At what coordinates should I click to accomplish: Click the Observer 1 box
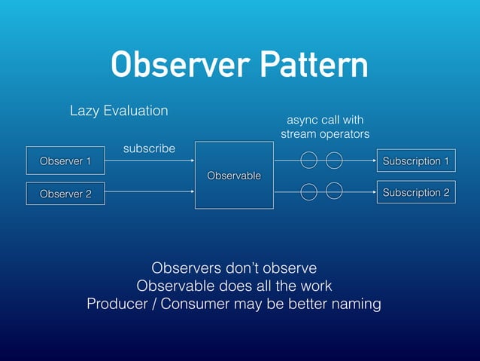65,161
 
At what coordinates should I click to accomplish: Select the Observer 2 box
65,194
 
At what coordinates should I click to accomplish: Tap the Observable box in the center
234,175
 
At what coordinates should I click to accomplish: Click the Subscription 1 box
416,161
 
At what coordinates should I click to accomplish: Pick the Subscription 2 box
416,193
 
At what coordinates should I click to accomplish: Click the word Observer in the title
180,66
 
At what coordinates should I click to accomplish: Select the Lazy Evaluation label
119,111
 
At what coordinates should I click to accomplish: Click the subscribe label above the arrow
149,148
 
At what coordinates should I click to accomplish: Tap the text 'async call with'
325,120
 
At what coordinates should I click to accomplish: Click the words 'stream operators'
325,134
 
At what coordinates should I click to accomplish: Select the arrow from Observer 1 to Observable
150,161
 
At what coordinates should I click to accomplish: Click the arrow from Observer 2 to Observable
150,192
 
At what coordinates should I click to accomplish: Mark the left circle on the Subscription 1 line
308,161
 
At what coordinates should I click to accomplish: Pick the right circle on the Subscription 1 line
334,161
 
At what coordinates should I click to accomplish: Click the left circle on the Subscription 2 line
308,192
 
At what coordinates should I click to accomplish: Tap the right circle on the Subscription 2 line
335,191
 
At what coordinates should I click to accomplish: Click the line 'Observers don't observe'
234,268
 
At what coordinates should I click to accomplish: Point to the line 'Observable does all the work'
234,286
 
